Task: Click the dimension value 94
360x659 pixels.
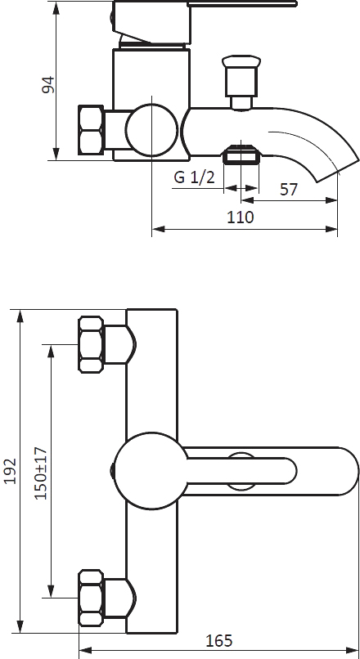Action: point(48,84)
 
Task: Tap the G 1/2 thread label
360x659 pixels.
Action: point(194,177)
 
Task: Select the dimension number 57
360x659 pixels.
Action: point(289,190)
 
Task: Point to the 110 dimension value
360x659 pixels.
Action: point(241,217)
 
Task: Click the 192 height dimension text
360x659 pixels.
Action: point(10,471)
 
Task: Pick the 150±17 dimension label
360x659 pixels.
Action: point(41,473)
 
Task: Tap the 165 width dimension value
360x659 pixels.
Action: point(218,641)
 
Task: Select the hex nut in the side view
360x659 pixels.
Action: point(91,130)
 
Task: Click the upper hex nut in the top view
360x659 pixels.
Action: point(91,344)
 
